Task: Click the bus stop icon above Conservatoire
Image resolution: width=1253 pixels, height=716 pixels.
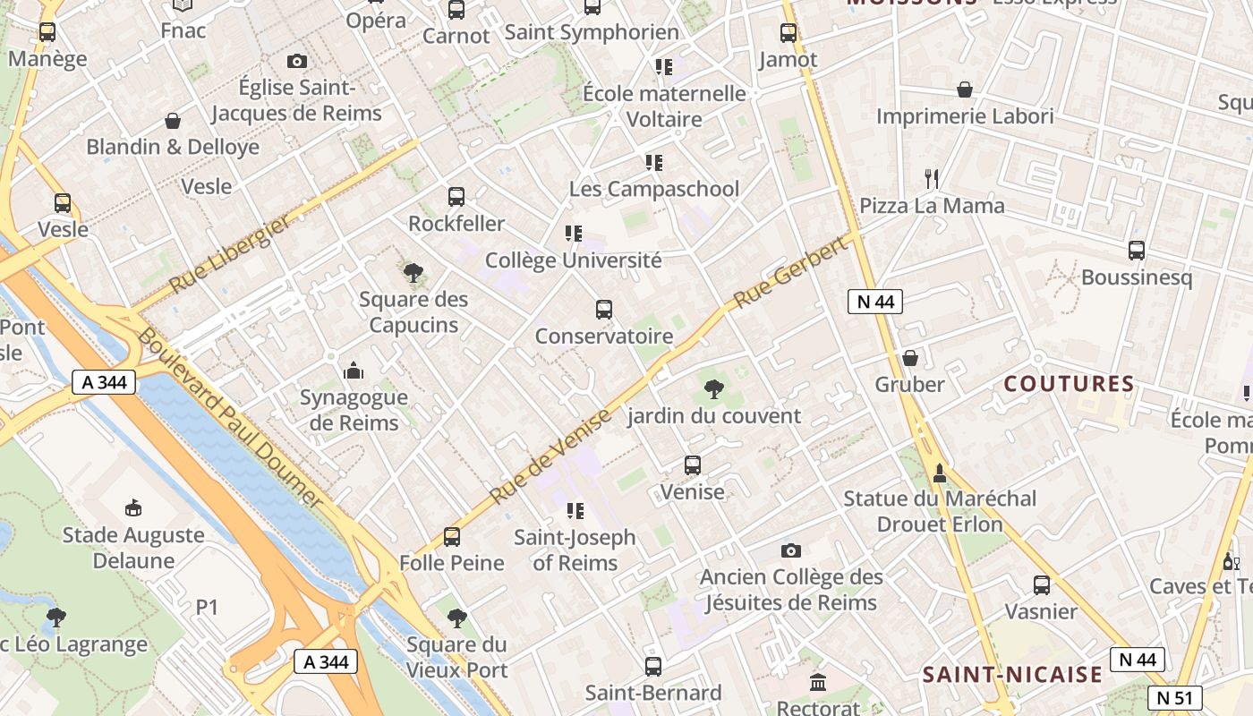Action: (604, 310)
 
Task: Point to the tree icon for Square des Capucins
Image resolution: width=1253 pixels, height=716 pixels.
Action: (413, 273)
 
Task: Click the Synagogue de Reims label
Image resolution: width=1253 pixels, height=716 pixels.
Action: (354, 409)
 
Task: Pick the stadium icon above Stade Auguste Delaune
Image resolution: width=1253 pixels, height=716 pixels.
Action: (133, 508)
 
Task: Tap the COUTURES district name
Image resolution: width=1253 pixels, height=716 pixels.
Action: (1069, 384)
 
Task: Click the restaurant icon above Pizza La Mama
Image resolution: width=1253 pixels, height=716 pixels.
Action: (932, 179)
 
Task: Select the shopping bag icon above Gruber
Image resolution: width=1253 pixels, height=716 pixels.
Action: (910, 358)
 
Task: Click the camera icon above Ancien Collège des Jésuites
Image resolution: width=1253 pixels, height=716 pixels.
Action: (790, 550)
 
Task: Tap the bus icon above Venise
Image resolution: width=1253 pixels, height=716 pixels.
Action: (693, 465)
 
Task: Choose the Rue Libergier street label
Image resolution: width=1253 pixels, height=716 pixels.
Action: (230, 254)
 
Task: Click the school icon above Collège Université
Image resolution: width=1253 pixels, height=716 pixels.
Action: (574, 234)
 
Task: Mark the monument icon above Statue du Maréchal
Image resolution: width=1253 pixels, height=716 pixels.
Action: (939, 472)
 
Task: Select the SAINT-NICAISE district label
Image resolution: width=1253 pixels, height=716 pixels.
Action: (1012, 675)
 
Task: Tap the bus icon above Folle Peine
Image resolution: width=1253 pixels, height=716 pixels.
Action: (452, 537)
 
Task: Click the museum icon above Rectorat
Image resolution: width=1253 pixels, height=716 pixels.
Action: (818, 683)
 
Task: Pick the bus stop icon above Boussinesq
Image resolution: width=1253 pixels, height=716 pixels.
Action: (1137, 251)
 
